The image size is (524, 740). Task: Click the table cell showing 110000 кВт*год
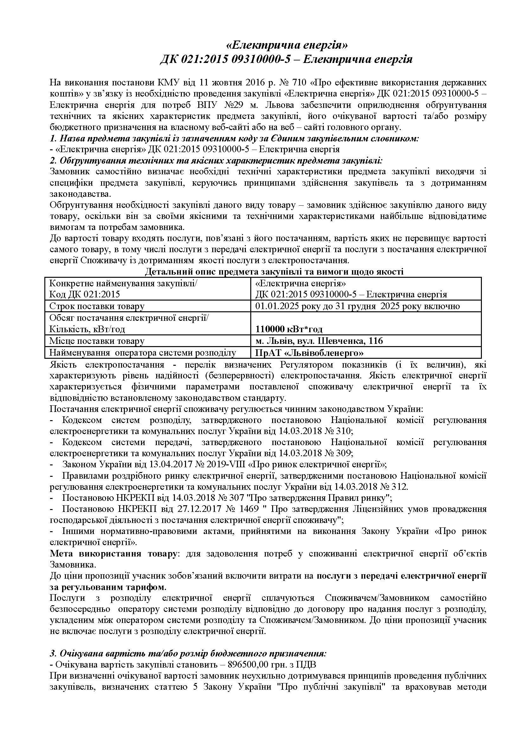pyautogui.click(x=289, y=329)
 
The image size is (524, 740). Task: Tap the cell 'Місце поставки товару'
pyautogui.click(x=97, y=341)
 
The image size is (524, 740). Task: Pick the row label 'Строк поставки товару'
pyautogui.click(x=97, y=306)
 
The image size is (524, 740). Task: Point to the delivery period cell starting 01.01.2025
pyautogui.click(x=357, y=306)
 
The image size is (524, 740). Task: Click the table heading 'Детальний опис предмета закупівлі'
pyautogui.click(x=274, y=272)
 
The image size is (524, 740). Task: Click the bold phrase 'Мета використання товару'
pyautogui.click(x=113, y=554)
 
